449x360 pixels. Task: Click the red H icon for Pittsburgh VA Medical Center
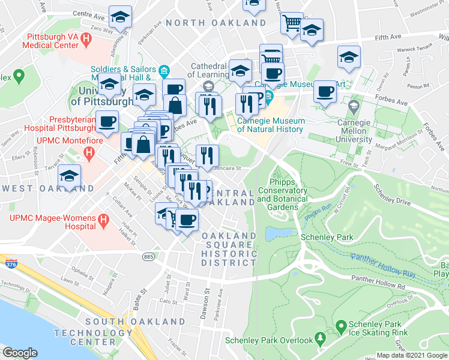pyautogui.click(x=86, y=41)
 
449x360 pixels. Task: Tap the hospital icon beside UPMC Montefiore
pyautogui.click(x=89, y=154)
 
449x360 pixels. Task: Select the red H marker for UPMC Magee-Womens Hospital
pyautogui.click(x=103, y=221)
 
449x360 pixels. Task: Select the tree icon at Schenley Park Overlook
pyautogui.click(x=321, y=340)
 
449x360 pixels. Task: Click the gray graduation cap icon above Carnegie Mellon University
pyautogui.click(x=354, y=107)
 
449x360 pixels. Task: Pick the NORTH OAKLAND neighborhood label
pyautogui.click(x=216, y=23)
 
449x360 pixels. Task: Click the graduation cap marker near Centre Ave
pyautogui.click(x=121, y=18)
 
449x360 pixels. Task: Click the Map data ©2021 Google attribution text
pyautogui.click(x=411, y=355)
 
